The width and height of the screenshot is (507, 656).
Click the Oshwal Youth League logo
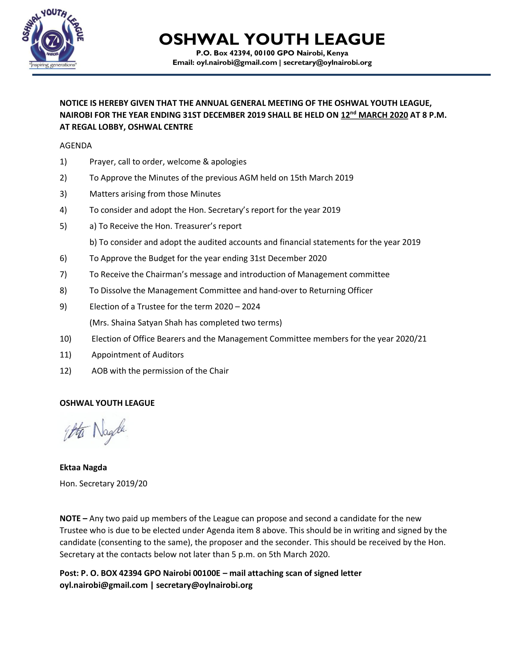pos(52,39)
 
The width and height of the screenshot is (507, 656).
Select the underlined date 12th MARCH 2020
pos(374,115)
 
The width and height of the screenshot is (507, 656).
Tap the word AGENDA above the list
pos(76,146)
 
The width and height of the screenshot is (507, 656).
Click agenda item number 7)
pos(63,275)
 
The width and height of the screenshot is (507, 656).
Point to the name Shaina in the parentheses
pos(121,323)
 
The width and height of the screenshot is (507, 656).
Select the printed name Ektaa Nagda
pos(83,467)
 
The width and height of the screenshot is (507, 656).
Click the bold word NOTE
pos(70,519)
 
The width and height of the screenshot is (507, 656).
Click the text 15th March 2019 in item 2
pos(321,178)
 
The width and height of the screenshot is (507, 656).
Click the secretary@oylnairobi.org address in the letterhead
pos(327,63)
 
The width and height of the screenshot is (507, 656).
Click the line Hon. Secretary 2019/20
pos(103,484)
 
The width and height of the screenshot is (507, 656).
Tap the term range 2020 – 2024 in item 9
pos(237,307)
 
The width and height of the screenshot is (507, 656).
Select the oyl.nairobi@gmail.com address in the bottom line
pos(103,585)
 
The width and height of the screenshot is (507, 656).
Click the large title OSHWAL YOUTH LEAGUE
pos(272,39)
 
